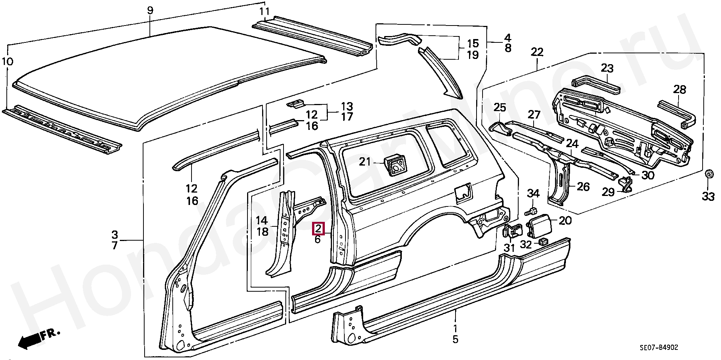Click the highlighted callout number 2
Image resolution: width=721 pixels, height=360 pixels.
(x=318, y=228)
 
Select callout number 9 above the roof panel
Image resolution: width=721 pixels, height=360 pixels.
(x=150, y=10)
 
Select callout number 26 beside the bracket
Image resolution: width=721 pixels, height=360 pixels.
(x=583, y=187)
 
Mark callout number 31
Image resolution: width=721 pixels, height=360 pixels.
(x=509, y=248)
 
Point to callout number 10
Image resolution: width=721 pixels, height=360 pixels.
(x=8, y=61)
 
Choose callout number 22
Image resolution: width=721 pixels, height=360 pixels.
(x=537, y=52)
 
